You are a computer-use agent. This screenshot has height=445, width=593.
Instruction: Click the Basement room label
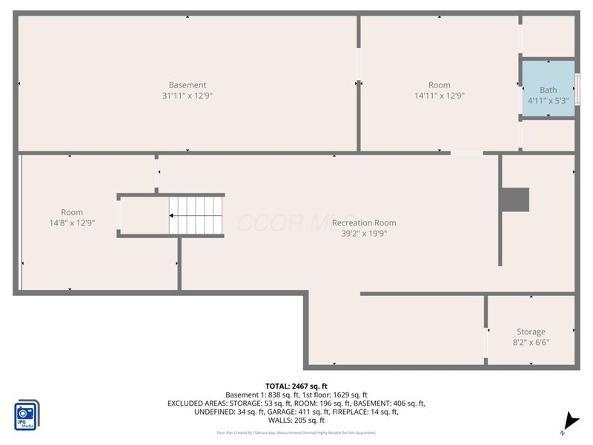[x=187, y=85]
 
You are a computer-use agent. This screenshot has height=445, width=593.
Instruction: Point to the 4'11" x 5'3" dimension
[x=548, y=100]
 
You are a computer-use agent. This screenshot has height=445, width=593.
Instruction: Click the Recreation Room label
[x=363, y=222]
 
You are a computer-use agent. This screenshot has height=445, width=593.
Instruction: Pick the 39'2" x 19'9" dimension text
[x=363, y=234]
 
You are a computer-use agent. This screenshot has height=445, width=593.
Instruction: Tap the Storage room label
[x=531, y=332]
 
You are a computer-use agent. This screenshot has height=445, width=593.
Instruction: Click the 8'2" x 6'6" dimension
[x=531, y=343]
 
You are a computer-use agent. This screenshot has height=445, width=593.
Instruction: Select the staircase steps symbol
[x=196, y=215]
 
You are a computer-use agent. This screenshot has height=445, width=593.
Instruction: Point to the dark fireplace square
[x=514, y=199]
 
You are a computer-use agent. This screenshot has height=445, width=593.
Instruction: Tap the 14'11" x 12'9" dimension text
[x=439, y=96]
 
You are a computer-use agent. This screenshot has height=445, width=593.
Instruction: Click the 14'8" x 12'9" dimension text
[x=72, y=222]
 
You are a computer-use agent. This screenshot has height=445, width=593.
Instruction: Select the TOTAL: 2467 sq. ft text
[x=296, y=386]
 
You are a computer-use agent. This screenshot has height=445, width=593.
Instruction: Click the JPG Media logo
[x=27, y=415]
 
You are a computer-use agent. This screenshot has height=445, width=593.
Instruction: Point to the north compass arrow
[x=569, y=420]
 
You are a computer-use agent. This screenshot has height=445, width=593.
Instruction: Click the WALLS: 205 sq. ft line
[x=296, y=421]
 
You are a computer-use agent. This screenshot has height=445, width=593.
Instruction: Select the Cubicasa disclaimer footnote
[x=296, y=432]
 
